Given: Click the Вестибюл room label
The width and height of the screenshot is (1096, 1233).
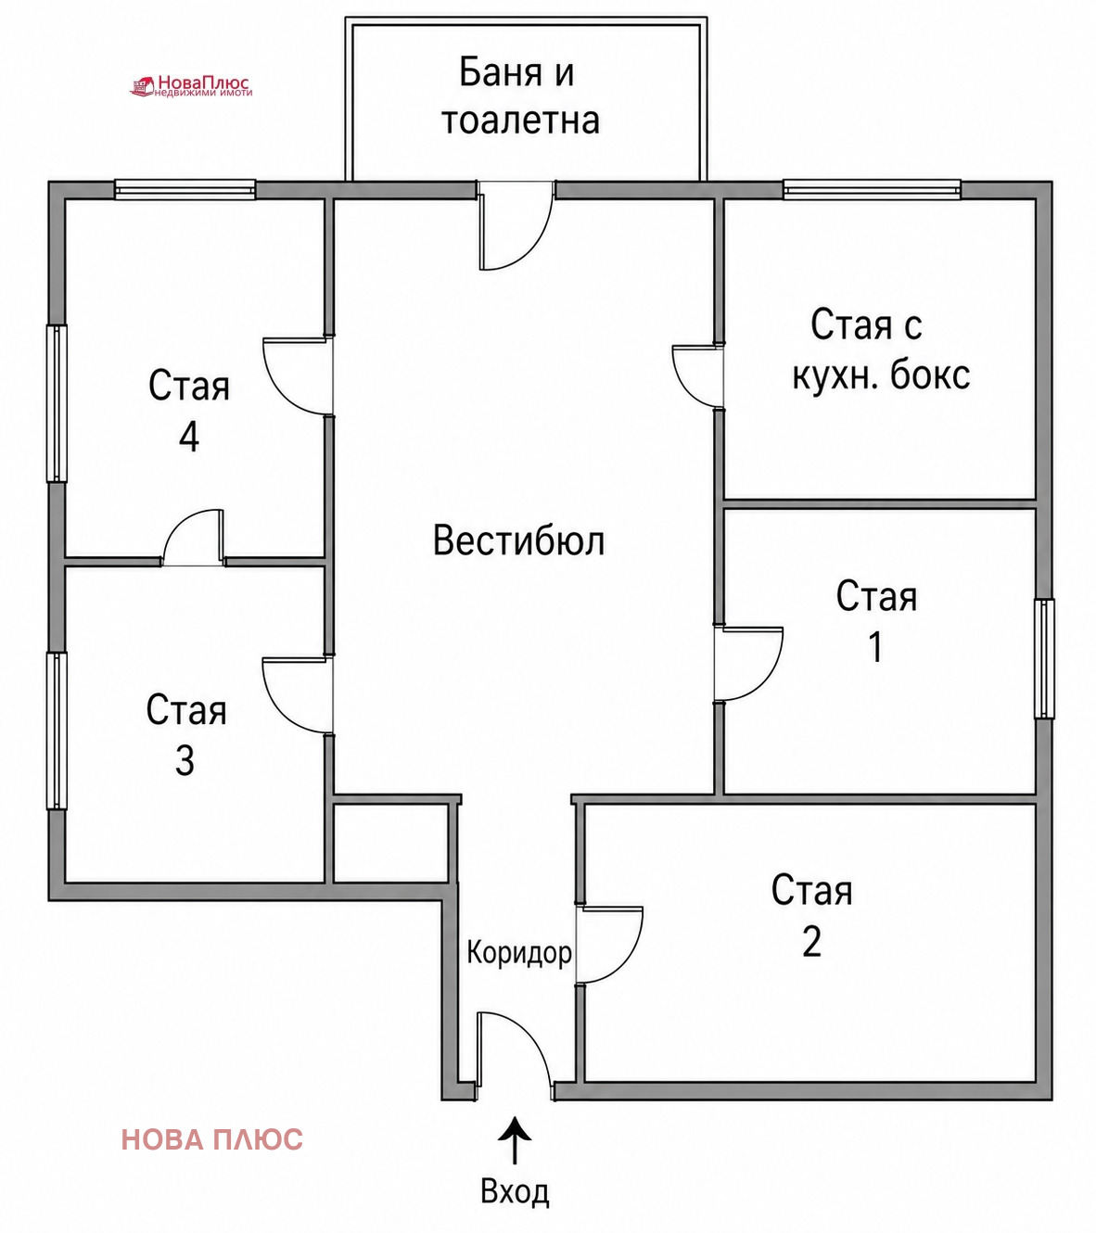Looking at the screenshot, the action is click(518, 540).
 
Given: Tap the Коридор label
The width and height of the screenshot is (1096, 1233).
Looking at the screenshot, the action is click(519, 952).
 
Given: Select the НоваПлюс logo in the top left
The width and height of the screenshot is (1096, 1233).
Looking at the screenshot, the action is click(191, 86).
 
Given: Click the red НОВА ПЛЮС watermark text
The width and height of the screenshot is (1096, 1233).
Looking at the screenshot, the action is click(212, 1139).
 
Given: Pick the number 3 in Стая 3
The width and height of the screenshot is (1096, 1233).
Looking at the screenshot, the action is click(185, 761).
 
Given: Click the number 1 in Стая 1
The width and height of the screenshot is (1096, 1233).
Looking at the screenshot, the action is click(875, 646).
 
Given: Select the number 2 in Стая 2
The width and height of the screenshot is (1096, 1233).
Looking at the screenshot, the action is click(812, 942).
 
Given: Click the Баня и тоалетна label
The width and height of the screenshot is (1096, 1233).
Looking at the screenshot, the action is click(519, 95).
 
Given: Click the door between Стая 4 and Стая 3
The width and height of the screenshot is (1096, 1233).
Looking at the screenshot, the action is click(194, 538).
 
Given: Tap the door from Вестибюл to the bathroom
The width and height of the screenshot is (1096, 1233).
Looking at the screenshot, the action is click(516, 226).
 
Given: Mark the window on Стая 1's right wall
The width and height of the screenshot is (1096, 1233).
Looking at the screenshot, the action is click(1044, 658).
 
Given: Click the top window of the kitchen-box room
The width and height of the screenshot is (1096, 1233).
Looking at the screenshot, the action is click(872, 189).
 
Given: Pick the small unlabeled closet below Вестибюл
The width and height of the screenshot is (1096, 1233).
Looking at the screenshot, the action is click(391, 843).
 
